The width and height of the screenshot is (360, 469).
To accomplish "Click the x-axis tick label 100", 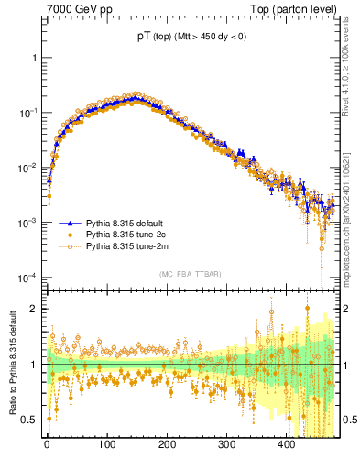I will (x=107, y=444).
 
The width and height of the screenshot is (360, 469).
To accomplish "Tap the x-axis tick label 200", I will (x=167, y=444).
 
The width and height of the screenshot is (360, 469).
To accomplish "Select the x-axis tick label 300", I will (x=226, y=444).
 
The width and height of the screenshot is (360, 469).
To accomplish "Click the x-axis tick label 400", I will (x=286, y=444).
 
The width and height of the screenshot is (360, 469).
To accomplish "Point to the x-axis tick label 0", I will (x=48, y=444).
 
